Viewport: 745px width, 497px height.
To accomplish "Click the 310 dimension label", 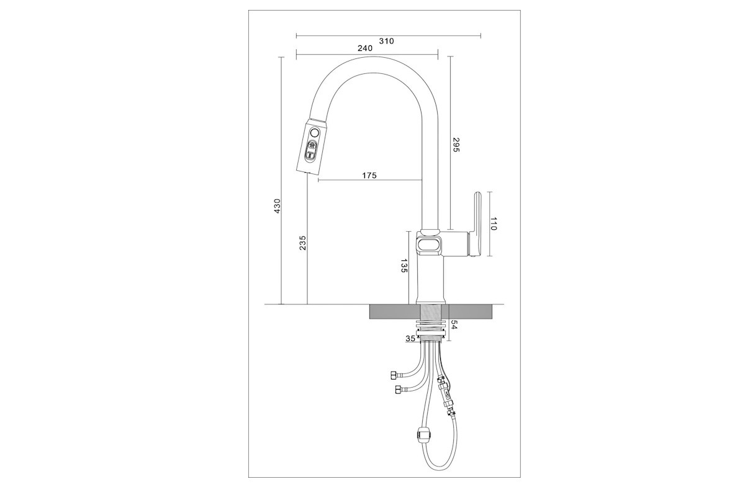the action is click(386, 41).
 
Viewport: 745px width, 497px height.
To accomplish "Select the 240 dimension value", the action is click(365, 48).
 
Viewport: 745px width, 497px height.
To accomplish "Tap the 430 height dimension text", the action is click(277, 206).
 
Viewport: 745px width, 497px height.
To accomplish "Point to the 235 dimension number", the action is click(302, 243).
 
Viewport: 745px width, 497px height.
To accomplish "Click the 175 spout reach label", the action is click(369, 175).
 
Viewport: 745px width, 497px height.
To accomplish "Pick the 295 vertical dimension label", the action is click(456, 145).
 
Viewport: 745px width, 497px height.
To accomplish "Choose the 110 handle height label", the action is click(493, 224).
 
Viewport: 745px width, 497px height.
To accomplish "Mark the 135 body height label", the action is click(404, 265).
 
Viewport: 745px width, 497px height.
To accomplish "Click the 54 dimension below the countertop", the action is click(454, 325).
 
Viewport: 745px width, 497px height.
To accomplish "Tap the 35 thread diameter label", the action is click(410, 339).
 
